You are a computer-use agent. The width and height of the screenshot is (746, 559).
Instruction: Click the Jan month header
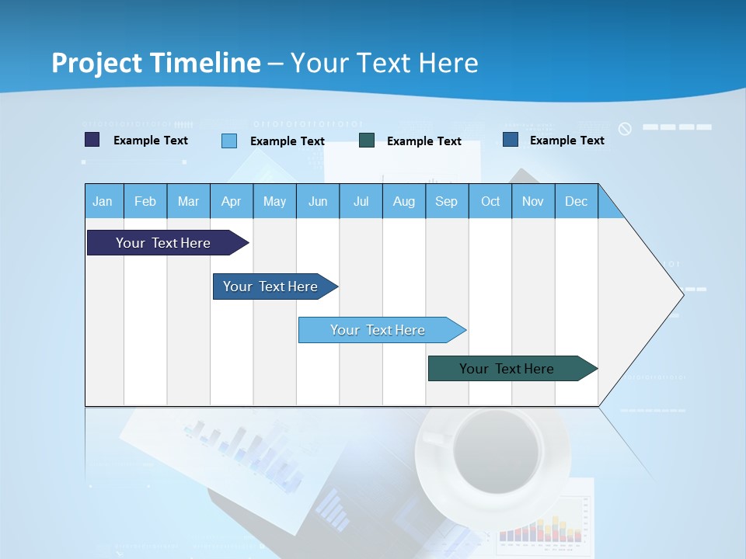point(103,201)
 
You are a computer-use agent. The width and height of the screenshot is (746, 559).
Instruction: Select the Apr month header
point(231,201)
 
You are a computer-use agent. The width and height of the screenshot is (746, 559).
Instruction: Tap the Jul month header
point(361,201)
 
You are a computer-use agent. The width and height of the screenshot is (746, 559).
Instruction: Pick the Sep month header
point(446,201)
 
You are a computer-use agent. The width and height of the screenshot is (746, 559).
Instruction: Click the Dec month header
point(576,201)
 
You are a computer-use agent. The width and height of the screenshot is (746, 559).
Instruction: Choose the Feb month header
point(145,201)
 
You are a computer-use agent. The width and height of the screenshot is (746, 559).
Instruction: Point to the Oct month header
point(490,201)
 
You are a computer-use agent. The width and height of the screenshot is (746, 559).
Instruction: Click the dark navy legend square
point(92,140)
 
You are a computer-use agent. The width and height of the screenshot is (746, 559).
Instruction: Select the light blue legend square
point(228,141)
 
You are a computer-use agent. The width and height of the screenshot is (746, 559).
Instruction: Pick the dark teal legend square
point(367,140)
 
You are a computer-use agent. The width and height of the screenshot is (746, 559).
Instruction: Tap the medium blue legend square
point(510,140)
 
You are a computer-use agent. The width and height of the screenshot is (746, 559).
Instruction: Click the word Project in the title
point(96,63)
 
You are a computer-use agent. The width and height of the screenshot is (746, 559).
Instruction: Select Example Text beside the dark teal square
point(424,141)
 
